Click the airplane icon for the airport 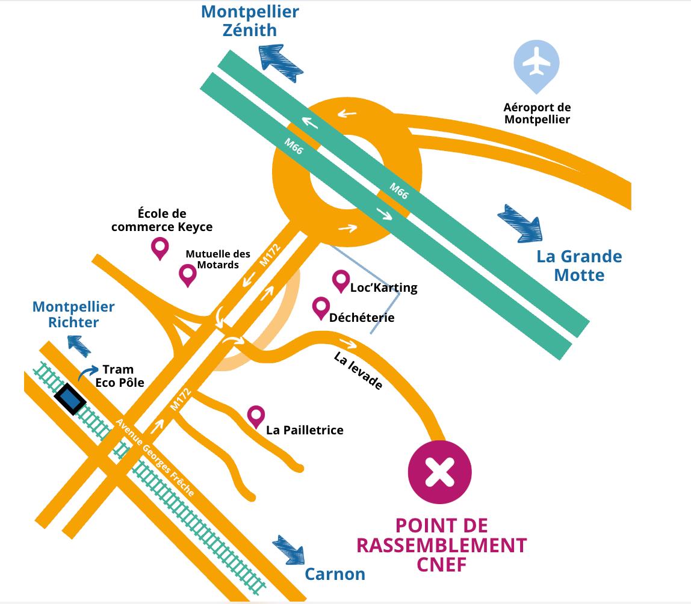536,62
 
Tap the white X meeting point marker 440,471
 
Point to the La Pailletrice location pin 256,415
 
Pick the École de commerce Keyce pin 160,247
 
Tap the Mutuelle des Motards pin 188,274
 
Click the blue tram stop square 70,398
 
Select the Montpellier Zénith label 250,20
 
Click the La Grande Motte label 579,265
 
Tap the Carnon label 335,574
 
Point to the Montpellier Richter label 73,314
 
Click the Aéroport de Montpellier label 537,113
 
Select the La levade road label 358,371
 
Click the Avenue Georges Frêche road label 155,457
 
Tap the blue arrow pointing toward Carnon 288,548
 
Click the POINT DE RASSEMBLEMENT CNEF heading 441,545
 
